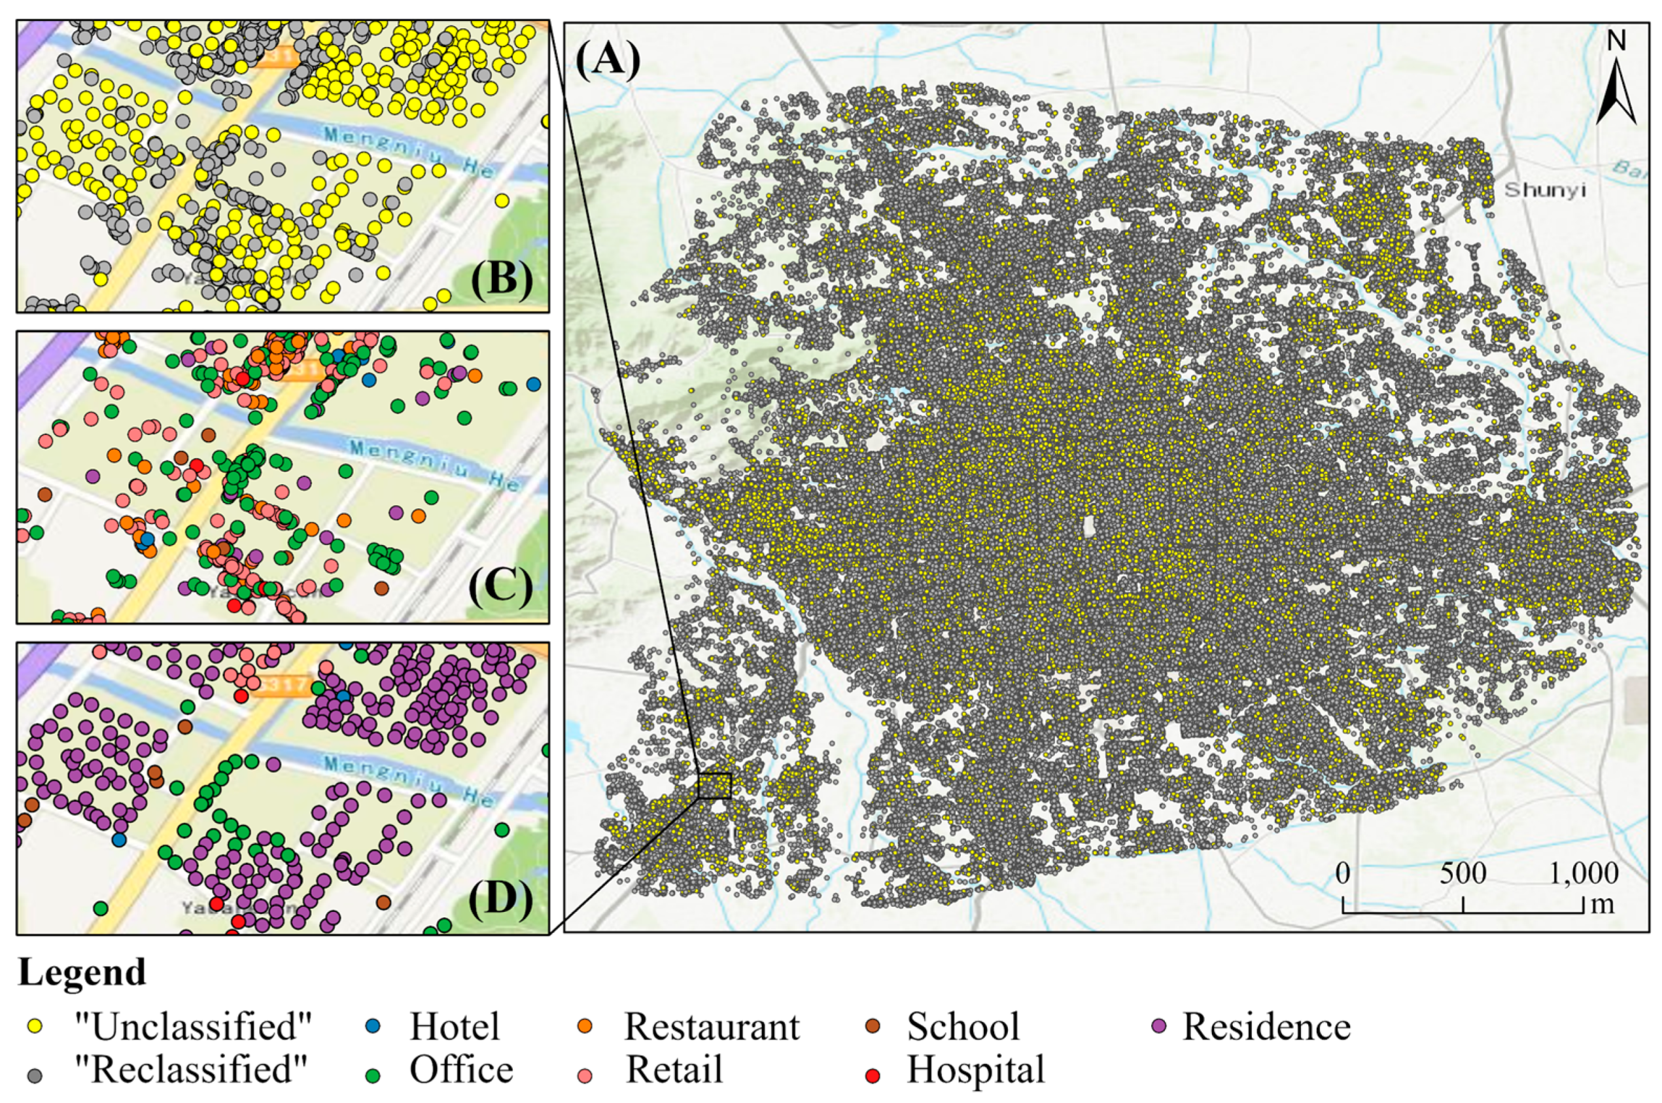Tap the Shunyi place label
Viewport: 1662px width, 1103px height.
tap(1545, 190)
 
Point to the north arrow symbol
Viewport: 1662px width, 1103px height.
tap(1616, 92)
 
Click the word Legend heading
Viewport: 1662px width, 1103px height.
tap(82, 973)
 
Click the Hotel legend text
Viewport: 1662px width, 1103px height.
tap(455, 1027)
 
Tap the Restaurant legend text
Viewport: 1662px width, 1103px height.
tap(711, 1027)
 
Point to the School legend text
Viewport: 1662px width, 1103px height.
tap(962, 1027)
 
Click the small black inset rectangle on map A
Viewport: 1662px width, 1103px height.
tap(715, 786)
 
